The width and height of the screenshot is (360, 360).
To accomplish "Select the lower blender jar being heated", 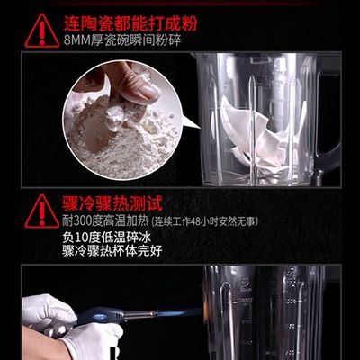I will coord(270,315).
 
